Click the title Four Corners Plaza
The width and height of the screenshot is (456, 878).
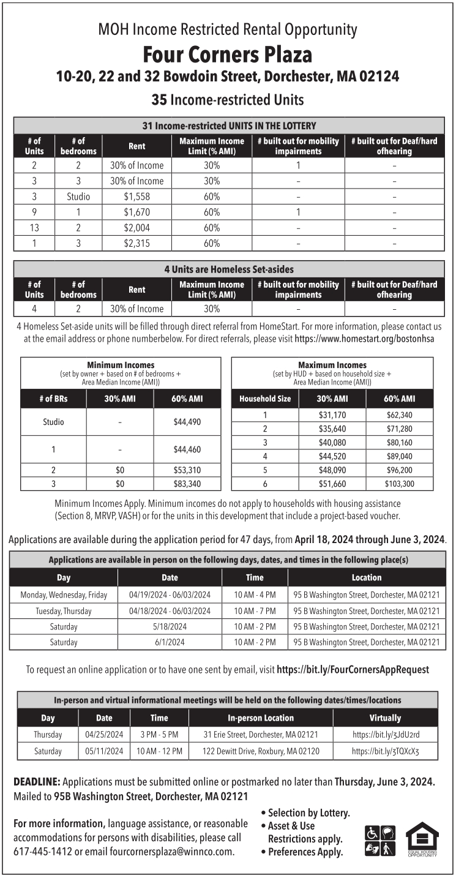pyautogui.click(x=228, y=55)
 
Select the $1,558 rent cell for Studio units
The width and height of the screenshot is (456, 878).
pyautogui.click(x=137, y=197)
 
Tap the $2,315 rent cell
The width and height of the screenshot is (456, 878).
pyautogui.click(x=137, y=243)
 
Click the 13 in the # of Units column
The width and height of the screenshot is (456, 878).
pyautogui.click(x=34, y=228)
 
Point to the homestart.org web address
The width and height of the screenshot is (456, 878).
pyautogui.click(x=364, y=339)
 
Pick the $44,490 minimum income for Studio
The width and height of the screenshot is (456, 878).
pyautogui.click(x=187, y=422)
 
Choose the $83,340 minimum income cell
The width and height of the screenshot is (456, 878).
pyautogui.click(x=187, y=484)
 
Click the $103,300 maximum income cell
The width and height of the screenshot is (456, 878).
pyautogui.click(x=400, y=484)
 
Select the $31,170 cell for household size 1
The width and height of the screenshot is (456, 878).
pyautogui.click(x=332, y=415)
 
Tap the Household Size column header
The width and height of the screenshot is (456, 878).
pyautogui.click(x=265, y=399)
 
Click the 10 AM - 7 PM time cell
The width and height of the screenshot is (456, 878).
pyautogui.click(x=255, y=611)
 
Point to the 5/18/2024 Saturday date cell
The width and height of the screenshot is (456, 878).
pyautogui.click(x=170, y=627)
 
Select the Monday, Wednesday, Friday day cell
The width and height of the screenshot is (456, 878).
pyautogui.click(x=64, y=595)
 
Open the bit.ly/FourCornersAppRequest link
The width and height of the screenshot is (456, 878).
pyautogui.click(x=353, y=670)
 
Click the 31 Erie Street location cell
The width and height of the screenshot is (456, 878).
pyautogui.click(x=261, y=734)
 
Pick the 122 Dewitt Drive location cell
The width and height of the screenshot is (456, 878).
pyautogui.click(x=261, y=751)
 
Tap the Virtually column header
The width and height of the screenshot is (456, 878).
pyautogui.click(x=385, y=718)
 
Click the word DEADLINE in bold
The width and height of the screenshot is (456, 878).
pyautogui.click(x=37, y=782)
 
